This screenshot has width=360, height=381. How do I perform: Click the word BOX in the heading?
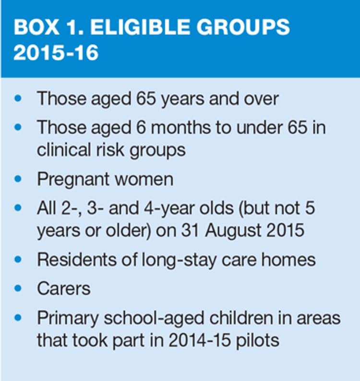coord(36,27)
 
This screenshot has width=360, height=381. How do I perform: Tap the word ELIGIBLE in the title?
coord(140,27)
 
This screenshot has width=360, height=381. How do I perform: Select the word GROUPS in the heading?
coord(243,27)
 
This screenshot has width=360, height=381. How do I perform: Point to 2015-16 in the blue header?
coord(56,52)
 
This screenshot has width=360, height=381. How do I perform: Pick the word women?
coord(144,180)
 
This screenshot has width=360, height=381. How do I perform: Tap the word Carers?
coord(64,289)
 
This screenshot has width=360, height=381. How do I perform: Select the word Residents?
coord(77,259)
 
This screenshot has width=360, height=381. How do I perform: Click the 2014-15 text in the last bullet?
coord(199,340)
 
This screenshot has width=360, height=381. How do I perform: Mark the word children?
coord(241,318)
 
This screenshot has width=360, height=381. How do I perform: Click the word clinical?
coord(64,149)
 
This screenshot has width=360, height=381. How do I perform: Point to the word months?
coord(181,128)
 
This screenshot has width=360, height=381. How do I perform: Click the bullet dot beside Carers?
coord(18,288)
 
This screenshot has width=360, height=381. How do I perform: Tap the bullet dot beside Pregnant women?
coord(18,179)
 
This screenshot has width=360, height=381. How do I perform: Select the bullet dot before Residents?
coord(18,259)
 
